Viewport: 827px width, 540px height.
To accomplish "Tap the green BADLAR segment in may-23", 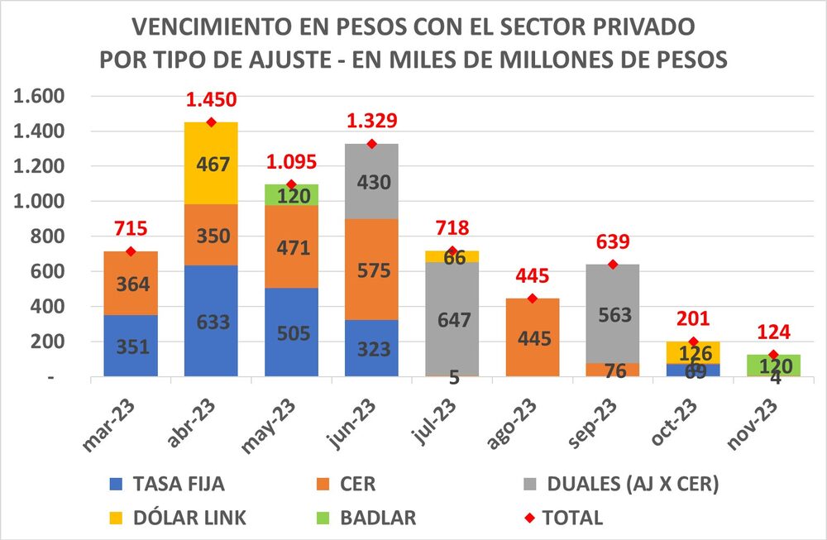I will click(x=291, y=194).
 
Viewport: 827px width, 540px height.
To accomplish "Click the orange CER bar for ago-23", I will click(x=532, y=337).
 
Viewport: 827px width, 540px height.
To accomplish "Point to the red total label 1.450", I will click(x=211, y=100).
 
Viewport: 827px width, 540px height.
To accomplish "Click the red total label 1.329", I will click(x=371, y=121).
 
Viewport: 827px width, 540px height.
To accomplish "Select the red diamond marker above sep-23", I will click(x=612, y=265).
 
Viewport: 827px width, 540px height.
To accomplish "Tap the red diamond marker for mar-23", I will click(x=131, y=251).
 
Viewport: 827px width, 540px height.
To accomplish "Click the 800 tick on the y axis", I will click(x=48, y=237).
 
